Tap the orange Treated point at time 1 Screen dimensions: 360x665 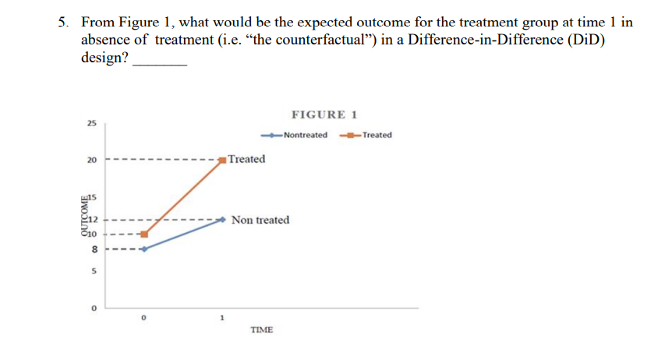[223, 160]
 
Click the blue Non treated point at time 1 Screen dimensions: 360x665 [223, 219]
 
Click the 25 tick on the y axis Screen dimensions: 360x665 [92, 123]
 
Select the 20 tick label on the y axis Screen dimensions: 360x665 [92, 160]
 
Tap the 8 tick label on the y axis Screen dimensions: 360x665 [93, 249]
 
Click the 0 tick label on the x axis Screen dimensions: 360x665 [143, 318]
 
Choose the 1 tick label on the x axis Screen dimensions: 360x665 [222, 318]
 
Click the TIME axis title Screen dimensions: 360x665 [261, 330]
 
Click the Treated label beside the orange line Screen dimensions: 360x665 [247, 159]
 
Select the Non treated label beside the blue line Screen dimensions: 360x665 [260, 220]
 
